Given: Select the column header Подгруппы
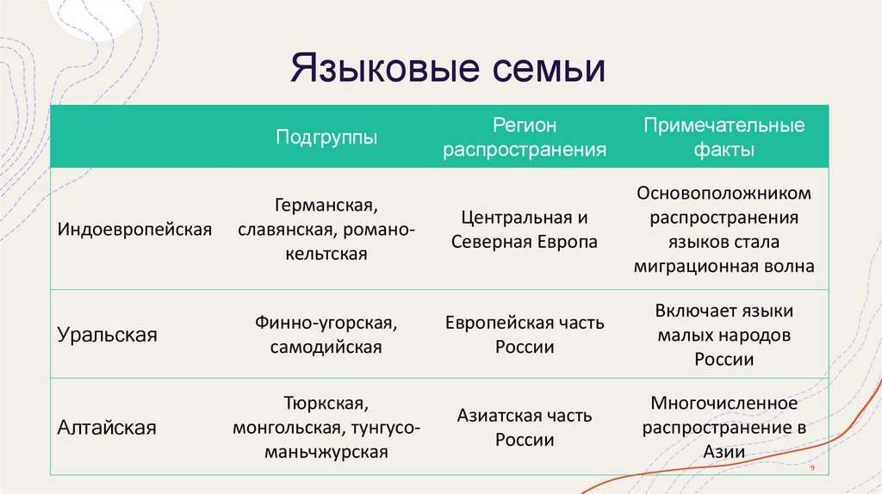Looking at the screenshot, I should pyautogui.click(x=326, y=137).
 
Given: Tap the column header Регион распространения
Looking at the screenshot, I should pyautogui.click(x=525, y=137).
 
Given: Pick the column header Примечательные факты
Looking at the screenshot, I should pyautogui.click(x=724, y=137).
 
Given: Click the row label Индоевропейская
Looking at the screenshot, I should pyautogui.click(x=134, y=230).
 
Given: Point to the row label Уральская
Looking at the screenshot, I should pyautogui.click(x=108, y=334).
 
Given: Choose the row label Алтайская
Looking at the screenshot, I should pyautogui.click(x=107, y=427).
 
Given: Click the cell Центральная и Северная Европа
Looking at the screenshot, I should pyautogui.click(x=525, y=230).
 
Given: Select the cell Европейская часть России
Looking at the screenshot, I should pyautogui.click(x=525, y=335).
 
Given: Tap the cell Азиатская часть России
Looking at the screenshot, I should pyautogui.click(x=525, y=428).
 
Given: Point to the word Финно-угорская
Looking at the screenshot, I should pyautogui.click(x=325, y=323).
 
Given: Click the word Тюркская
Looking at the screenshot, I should pyautogui.click(x=326, y=403).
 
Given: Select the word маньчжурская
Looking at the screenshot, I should pyautogui.click(x=326, y=452).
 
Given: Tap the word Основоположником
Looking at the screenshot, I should pyautogui.click(x=724, y=194).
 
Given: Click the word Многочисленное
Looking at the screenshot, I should pyautogui.click(x=724, y=403).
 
